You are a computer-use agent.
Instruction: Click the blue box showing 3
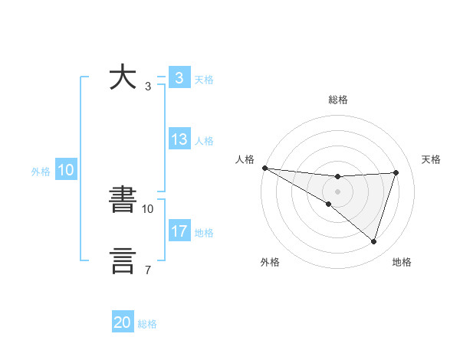(x=179, y=78)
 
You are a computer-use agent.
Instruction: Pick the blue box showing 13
(x=179, y=140)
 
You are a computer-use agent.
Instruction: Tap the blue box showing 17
(x=179, y=231)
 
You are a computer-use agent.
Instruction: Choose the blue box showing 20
(x=123, y=322)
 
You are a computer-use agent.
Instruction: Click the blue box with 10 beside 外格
(x=65, y=171)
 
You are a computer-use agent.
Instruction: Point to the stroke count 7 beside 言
(x=147, y=269)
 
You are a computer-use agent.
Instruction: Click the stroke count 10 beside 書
(x=148, y=208)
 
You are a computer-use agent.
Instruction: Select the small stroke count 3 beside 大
(x=147, y=86)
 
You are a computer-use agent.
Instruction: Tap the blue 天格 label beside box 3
(x=204, y=79)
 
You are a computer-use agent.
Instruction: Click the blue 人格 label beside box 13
(x=204, y=141)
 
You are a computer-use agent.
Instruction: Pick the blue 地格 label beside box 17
(x=204, y=232)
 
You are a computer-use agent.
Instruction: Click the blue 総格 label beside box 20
(x=147, y=324)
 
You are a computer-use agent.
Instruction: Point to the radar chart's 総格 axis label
(x=337, y=100)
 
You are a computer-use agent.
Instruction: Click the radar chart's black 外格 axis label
(x=270, y=263)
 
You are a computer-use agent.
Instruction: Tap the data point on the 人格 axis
(x=264, y=168)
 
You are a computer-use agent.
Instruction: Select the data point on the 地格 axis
(x=373, y=242)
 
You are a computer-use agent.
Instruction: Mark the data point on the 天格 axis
(x=396, y=172)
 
